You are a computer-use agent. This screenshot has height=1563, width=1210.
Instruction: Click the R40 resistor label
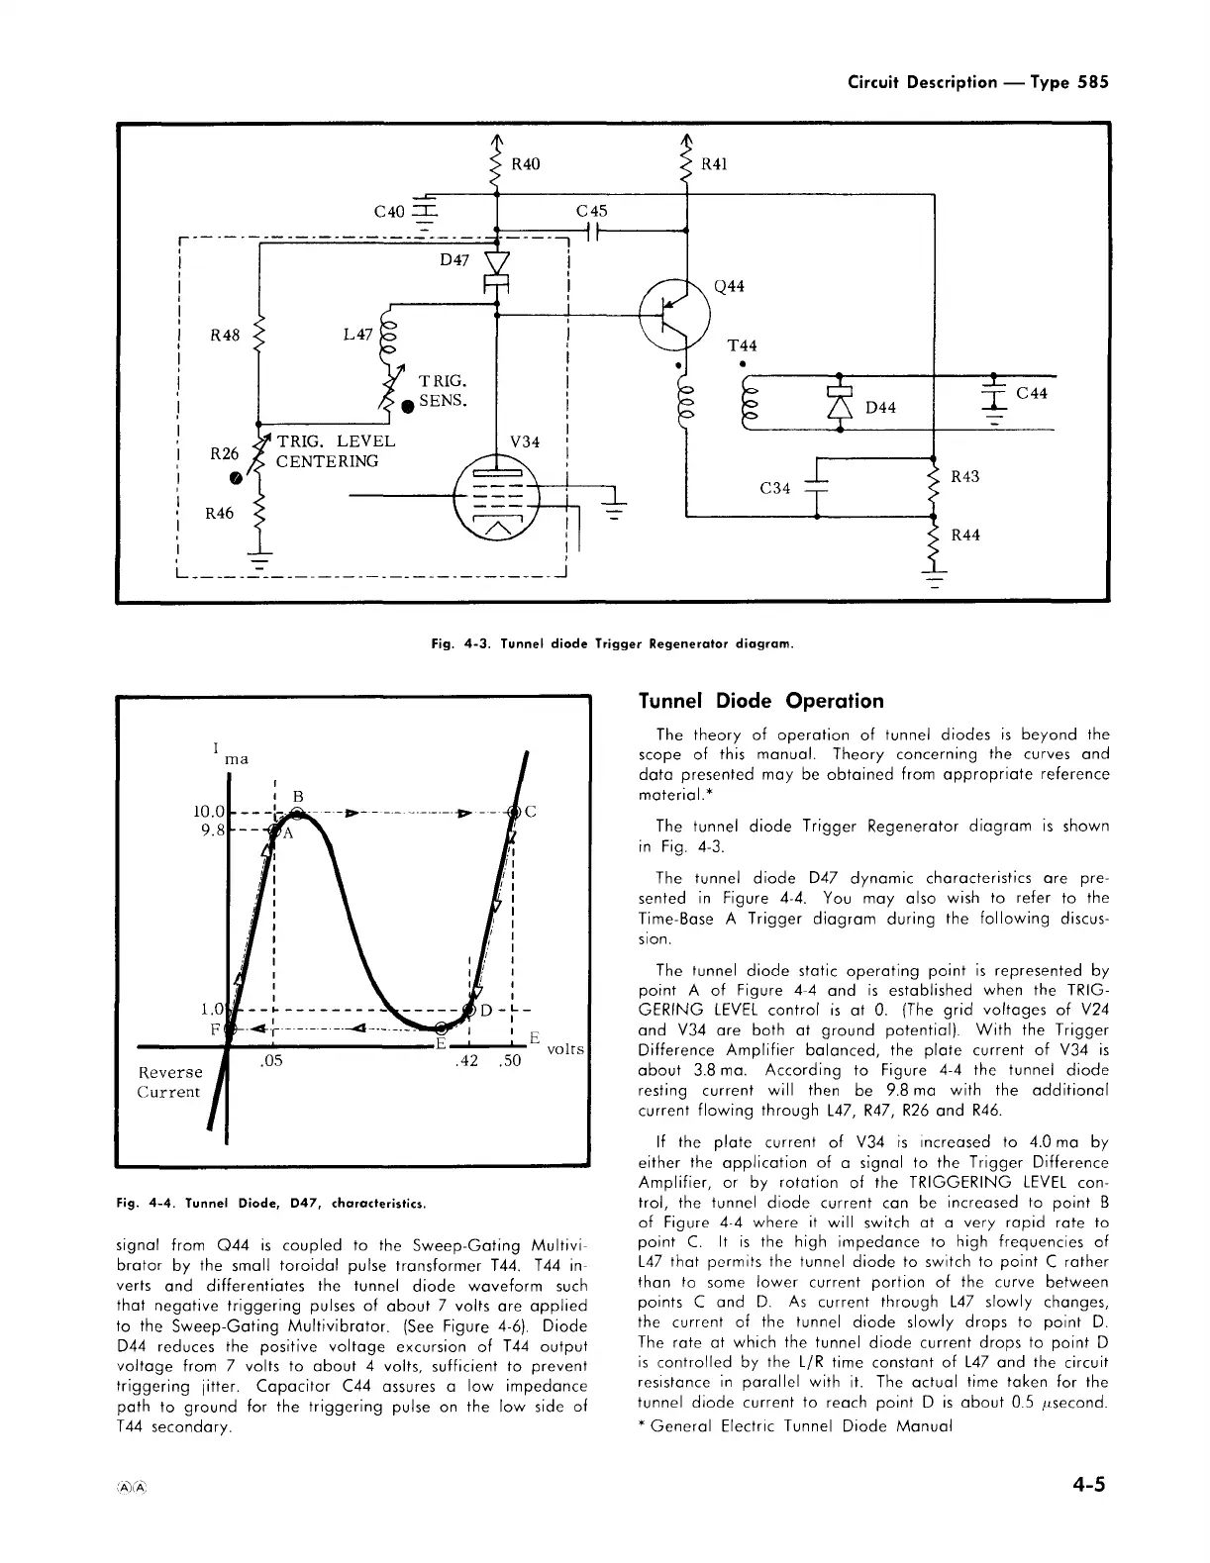[525, 163]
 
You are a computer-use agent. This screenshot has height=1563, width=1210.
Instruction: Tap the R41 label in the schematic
[714, 164]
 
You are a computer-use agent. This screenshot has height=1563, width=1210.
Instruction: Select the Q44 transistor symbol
[675, 312]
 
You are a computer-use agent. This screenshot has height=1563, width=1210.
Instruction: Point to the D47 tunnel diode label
[454, 260]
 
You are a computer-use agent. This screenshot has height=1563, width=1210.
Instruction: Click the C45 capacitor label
[591, 211]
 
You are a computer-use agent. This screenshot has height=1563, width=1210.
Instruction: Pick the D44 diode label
[880, 408]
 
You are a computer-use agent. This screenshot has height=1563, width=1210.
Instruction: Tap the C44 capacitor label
[1032, 393]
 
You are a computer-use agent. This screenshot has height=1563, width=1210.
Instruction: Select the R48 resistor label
[226, 335]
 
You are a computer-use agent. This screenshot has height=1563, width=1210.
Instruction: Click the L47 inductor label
[357, 335]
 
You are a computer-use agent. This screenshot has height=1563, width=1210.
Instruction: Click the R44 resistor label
[965, 536]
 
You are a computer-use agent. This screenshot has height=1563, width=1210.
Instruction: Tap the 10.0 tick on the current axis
[210, 813]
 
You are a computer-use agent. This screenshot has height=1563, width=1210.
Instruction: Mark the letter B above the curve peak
[296, 795]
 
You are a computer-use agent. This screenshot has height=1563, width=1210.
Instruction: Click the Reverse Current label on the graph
[169, 1082]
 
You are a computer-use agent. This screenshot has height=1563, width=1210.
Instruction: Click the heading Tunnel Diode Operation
[760, 701]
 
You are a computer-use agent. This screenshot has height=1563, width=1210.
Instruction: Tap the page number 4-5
[1086, 1485]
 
